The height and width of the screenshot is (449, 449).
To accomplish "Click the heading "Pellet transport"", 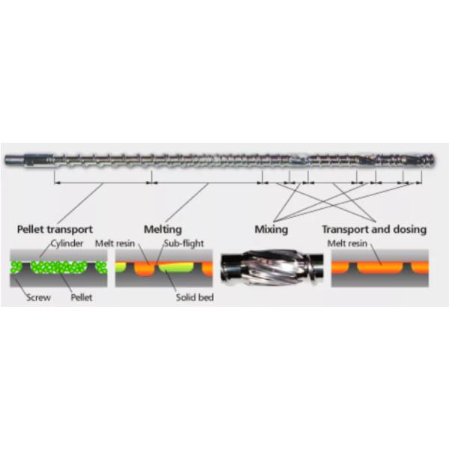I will tap(55, 229).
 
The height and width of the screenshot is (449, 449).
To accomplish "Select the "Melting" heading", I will tap(162, 229).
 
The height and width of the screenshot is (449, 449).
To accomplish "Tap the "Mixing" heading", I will tap(271, 229).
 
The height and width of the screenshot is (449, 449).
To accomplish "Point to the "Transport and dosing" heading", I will tap(374, 229).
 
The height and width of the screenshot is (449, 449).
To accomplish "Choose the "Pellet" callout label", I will tap(82, 297).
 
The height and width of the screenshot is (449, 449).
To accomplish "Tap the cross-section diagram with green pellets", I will tap(57, 268).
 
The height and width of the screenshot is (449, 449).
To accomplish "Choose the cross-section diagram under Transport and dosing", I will tap(380, 268).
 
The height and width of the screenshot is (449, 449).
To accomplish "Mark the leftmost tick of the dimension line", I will tap(55, 180).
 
